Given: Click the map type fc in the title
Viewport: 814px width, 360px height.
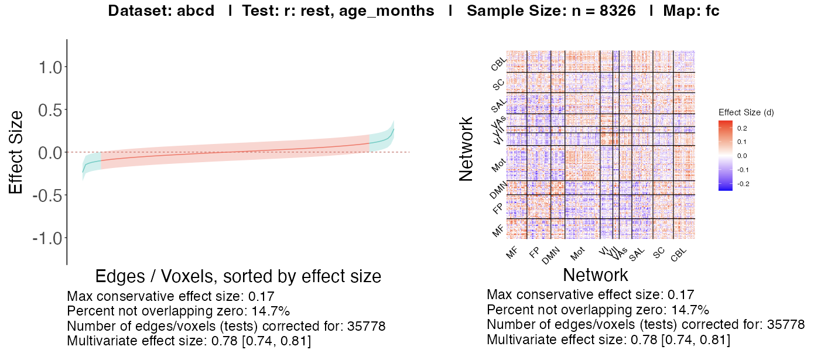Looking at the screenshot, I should (x=712, y=11).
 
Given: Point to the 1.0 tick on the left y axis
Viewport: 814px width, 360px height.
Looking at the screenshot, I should (x=51, y=67).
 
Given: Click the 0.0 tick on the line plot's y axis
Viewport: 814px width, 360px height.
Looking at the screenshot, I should (x=51, y=153).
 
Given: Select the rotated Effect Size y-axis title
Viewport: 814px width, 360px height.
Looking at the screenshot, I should (x=16, y=152).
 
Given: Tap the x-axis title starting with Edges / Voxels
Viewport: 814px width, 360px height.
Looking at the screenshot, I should (x=238, y=276).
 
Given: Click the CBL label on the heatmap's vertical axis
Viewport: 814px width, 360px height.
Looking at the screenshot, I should (x=499, y=63).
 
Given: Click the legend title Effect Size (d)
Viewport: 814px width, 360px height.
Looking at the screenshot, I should (x=746, y=112).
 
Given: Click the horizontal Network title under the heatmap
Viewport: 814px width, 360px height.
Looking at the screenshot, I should (x=595, y=275).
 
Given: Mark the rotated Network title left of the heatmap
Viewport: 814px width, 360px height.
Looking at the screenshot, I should (x=466, y=149).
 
